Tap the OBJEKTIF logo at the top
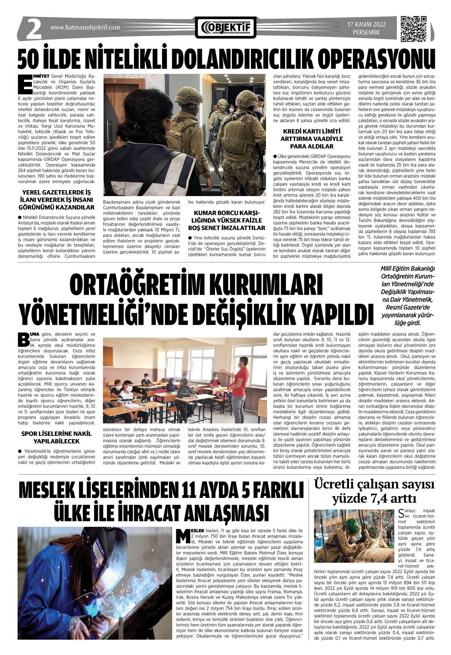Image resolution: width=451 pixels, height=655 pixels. point(225,27)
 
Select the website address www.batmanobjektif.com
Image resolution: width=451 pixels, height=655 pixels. point(85,27)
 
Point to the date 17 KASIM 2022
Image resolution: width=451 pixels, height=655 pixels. point(366,25)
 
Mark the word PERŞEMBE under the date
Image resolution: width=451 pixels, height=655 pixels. point(366,33)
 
